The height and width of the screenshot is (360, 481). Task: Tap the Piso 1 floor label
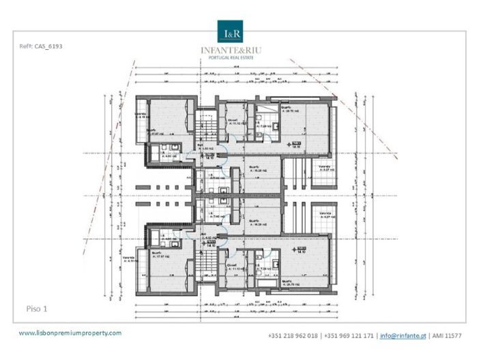[36, 308]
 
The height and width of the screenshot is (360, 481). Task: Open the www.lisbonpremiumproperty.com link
[70, 333]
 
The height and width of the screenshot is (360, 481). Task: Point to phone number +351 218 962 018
[293, 336]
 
